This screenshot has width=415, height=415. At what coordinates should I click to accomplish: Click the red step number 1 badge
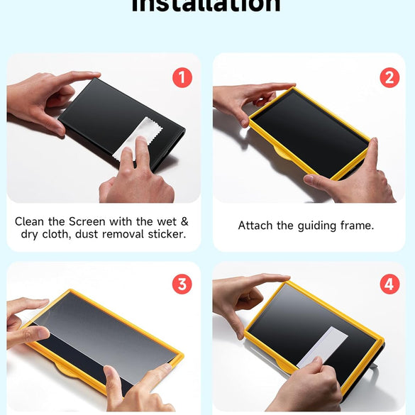pos(182,77)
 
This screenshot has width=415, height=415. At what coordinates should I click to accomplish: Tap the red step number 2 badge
pos(389,77)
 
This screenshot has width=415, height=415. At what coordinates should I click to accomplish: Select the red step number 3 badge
pos(182,284)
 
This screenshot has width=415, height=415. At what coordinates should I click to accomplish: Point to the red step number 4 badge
pos(389,284)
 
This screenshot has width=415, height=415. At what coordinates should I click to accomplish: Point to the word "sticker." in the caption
pos(164,234)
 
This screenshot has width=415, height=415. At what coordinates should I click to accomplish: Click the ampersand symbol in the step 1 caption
pos(184,221)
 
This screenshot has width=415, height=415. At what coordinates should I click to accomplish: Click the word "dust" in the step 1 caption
pos(88,234)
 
